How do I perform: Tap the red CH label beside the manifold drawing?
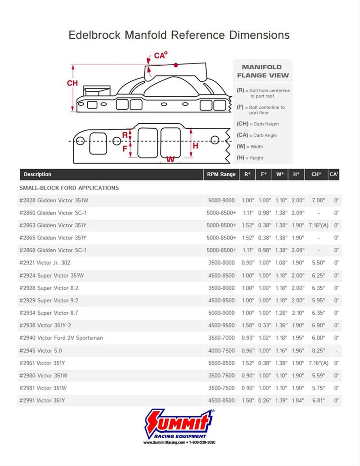point(72,83)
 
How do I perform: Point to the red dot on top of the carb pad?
point(176,65)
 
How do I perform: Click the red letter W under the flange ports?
point(170,159)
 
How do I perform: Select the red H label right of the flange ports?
point(195,146)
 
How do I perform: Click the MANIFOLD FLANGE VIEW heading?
point(263,71)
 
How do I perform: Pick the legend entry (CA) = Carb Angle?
point(257,135)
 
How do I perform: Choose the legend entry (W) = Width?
point(250,146)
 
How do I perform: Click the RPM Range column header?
point(221,174)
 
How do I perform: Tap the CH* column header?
point(316,174)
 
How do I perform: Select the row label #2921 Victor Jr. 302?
point(45,263)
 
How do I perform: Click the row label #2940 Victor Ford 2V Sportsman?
point(61,338)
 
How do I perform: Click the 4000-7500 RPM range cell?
point(221,350)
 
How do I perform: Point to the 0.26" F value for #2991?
point(264,400)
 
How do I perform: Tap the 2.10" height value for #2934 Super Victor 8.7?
point(296,313)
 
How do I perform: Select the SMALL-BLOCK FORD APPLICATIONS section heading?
point(69,188)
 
